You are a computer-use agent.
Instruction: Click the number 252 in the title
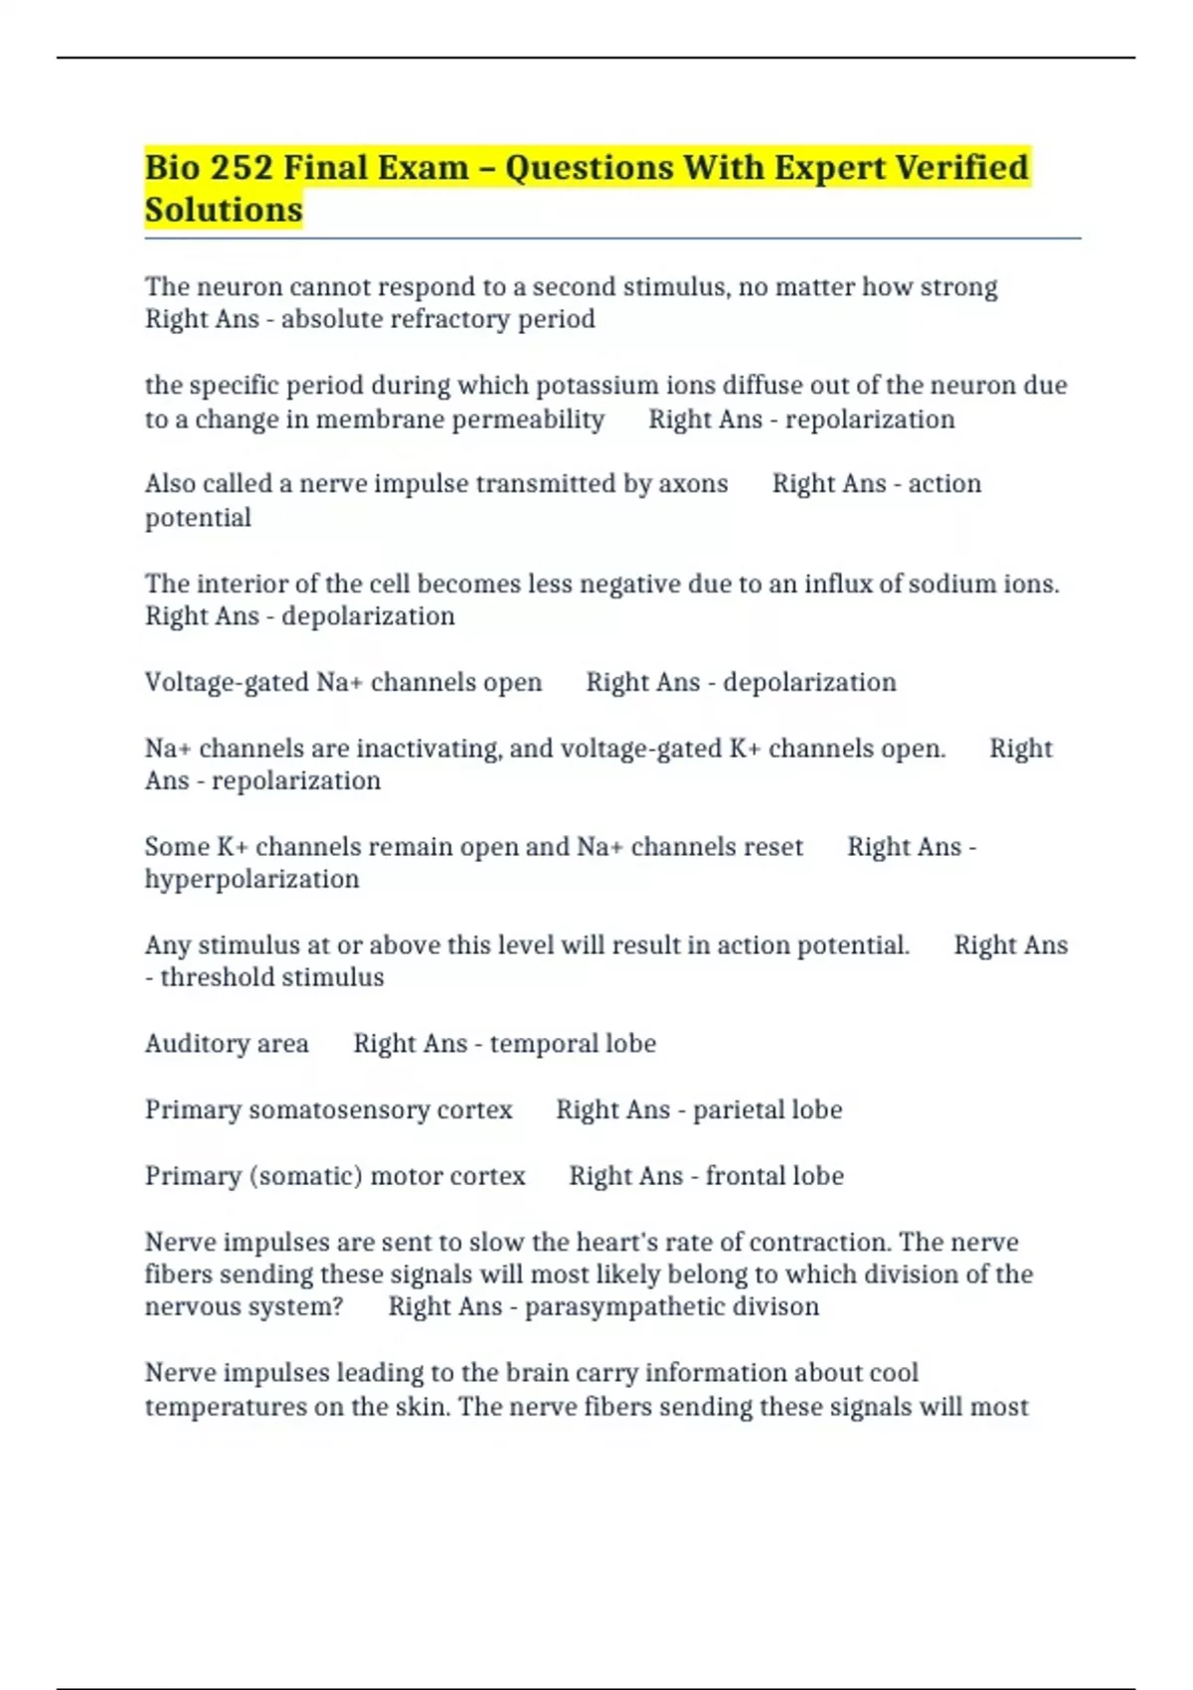pos(242,167)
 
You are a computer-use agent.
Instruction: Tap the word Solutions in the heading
pos(224,210)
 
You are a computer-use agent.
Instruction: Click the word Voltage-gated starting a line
pos(227,683)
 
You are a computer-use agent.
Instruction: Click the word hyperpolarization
pos(252,880)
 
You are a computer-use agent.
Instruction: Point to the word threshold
pos(219,978)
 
